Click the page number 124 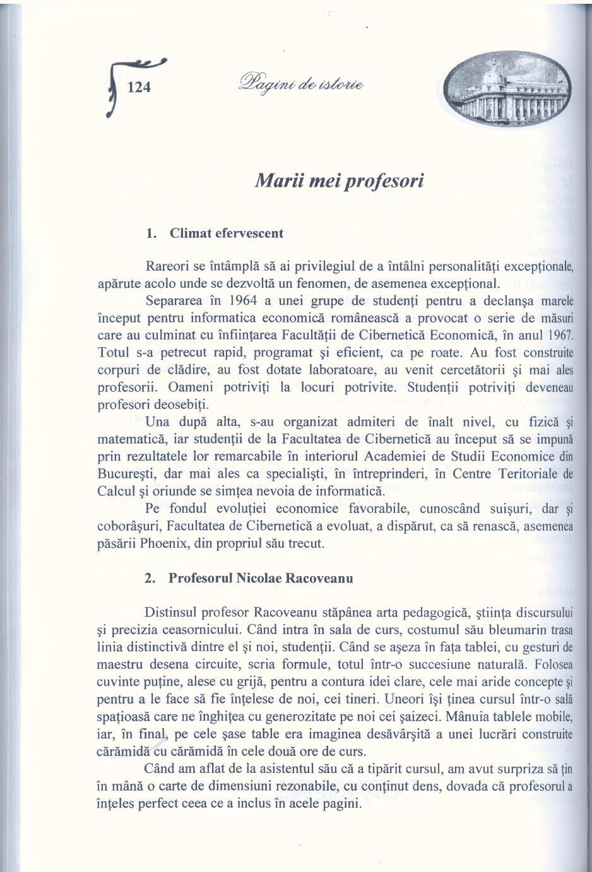pos(139,86)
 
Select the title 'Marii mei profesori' pos(339,180)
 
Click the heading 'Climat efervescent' pos(226,233)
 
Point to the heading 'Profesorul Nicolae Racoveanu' pos(260,578)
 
